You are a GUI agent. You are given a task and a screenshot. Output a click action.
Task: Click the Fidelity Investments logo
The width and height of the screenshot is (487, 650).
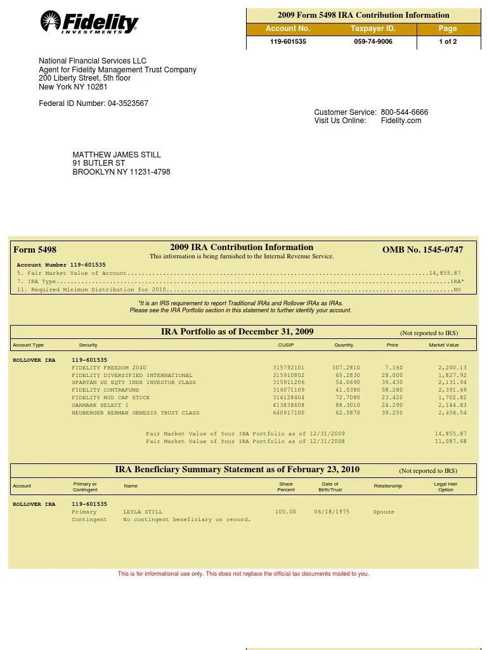pos(89,23)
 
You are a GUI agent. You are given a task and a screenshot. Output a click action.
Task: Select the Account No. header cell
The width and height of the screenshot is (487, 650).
pos(288,29)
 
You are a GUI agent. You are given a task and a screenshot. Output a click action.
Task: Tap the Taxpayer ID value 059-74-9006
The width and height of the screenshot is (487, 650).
pos(373,42)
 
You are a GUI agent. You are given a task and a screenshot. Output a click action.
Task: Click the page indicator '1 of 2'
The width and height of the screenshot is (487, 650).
pos(448,42)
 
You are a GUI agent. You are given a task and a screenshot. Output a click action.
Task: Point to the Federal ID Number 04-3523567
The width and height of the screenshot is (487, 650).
pos(127,103)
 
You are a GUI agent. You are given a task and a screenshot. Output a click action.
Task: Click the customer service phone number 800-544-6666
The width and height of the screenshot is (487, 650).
pos(405,112)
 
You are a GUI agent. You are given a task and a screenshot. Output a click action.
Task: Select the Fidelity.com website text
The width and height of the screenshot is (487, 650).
pos(401,121)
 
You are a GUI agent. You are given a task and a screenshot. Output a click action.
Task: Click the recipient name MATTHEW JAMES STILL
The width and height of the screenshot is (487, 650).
pos(117,155)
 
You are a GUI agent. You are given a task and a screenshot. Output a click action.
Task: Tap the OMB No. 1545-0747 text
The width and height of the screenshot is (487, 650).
pos(422,250)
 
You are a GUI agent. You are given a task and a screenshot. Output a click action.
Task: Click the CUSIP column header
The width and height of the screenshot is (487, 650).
pos(286,345)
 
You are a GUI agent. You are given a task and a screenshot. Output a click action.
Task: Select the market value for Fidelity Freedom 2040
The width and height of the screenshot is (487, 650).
pos(452,368)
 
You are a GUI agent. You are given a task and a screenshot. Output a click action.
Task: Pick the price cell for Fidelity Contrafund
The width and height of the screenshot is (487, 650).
pos(392,390)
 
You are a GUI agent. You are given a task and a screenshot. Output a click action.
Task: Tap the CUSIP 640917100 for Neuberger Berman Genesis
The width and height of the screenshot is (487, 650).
pos(289,413)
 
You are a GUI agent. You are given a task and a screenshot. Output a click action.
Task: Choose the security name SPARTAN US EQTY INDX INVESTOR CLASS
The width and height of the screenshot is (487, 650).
pos(134,383)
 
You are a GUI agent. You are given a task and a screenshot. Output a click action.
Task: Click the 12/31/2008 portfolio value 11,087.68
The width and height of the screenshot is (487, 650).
pos(450,441)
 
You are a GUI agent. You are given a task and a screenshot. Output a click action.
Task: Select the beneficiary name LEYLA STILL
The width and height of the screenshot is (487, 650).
pos(143,512)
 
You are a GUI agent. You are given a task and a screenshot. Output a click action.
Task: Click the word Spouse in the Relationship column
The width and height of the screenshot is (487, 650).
pos(384,512)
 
